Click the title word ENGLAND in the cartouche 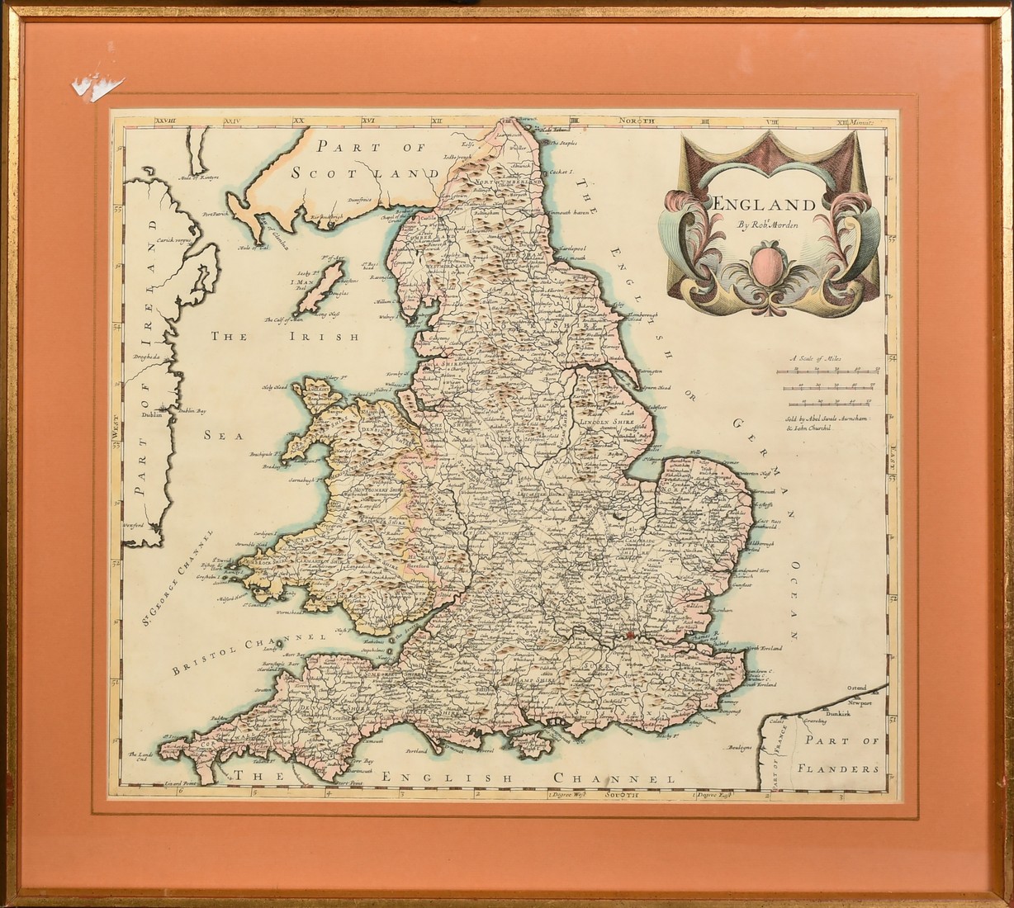coord(763,205)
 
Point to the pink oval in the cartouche coord(767,272)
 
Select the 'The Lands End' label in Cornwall coord(142,758)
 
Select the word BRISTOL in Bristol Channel coord(198,659)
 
